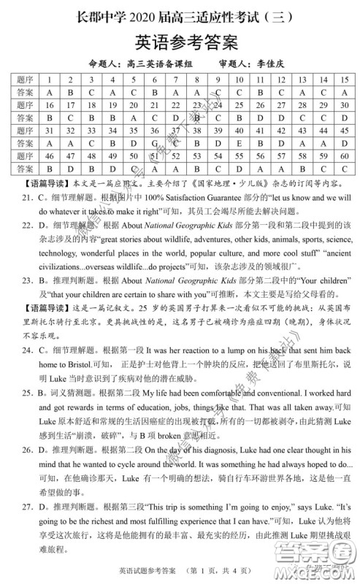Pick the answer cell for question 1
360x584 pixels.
[x=48, y=93]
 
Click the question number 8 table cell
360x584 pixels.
[x=194, y=80]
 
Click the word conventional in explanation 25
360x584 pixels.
[x=259, y=392]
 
